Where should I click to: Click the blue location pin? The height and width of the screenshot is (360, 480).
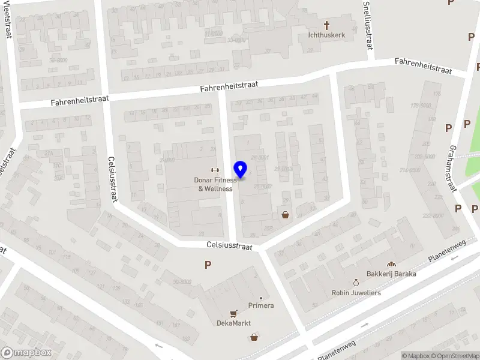tap(241, 170)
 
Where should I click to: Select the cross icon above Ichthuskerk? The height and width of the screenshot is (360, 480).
tap(327, 25)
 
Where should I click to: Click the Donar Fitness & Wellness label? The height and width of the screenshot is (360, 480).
tap(215, 184)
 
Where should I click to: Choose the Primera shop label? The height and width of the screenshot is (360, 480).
tap(261, 305)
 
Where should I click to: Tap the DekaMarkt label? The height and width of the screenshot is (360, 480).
tap(233, 323)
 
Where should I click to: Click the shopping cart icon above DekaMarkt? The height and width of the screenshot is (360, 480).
tap(233, 313)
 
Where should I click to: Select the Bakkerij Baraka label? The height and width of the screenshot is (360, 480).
tap(392, 274)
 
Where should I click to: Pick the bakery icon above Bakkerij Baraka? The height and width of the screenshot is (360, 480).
tap(391, 264)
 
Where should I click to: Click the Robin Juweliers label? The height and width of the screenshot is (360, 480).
tap(356, 293)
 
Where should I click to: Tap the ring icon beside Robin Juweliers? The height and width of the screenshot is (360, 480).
tap(356, 282)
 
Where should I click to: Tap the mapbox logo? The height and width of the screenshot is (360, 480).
tap(26, 353)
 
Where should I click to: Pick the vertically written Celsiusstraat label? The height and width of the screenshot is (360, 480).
tap(112, 179)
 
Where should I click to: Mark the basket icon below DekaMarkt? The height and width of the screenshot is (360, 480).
tap(254, 337)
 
